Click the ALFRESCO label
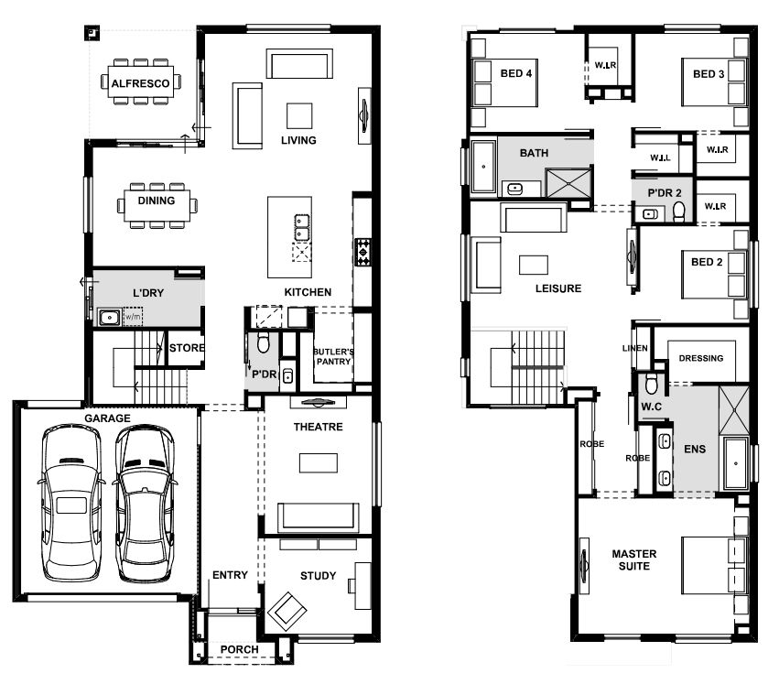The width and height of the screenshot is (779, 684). pyautogui.click(x=140, y=83)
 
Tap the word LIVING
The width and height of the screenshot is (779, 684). pyautogui.click(x=298, y=141)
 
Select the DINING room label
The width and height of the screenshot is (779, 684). pyautogui.click(x=156, y=201)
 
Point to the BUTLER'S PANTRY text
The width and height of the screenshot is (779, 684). pyautogui.click(x=333, y=356)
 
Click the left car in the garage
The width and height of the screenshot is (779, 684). pyautogui.click(x=71, y=502)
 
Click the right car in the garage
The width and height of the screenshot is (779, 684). pyautogui.click(x=145, y=502)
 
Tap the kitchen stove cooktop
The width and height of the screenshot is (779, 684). pyautogui.click(x=363, y=252)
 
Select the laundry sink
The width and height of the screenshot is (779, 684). pyautogui.click(x=109, y=317)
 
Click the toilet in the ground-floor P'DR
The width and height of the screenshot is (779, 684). pyautogui.click(x=264, y=342)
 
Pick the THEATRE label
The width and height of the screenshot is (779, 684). pyautogui.click(x=318, y=427)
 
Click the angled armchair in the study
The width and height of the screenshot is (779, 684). pyautogui.click(x=287, y=612)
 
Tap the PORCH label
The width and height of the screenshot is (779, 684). pyautogui.click(x=240, y=650)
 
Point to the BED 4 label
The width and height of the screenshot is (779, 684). pyautogui.click(x=515, y=73)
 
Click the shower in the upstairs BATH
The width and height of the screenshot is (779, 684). pyautogui.click(x=568, y=183)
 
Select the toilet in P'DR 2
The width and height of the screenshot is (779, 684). pyautogui.click(x=678, y=212)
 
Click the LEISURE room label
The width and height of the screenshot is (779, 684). pyautogui.click(x=558, y=288)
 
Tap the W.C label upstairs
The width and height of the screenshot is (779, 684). pyautogui.click(x=652, y=407)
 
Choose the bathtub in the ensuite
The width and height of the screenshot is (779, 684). pyautogui.click(x=736, y=463)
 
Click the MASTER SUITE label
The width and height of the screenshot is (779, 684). pyautogui.click(x=634, y=559)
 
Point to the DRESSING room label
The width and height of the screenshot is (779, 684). pyautogui.click(x=701, y=358)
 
